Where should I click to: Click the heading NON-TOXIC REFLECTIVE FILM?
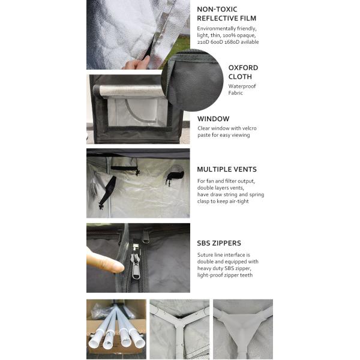[225, 14]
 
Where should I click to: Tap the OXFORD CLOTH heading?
[243, 72]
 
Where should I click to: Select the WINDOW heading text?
[213, 119]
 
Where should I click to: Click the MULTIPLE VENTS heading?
[227, 169]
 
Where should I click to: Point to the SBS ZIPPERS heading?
[219, 243]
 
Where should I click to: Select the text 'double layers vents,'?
[222, 188]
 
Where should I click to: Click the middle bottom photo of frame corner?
[179, 329]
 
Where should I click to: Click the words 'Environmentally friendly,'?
[227, 28]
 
